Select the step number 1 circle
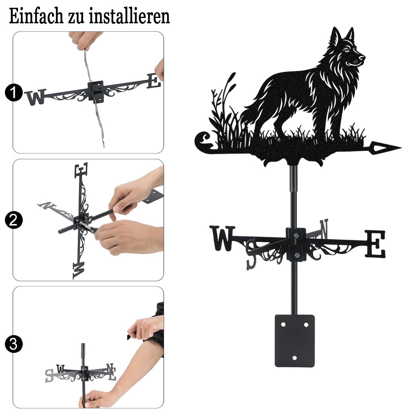14,93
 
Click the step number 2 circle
14,220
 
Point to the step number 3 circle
14,344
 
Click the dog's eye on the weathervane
347,50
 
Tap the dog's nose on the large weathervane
362,58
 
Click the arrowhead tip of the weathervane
401,148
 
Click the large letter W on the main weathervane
222,238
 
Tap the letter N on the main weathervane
324,229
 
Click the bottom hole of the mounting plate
294,358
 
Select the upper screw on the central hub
296,236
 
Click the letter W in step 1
36,97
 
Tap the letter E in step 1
154,81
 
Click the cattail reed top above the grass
231,79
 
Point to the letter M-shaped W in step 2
79,270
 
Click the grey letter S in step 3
49,376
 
